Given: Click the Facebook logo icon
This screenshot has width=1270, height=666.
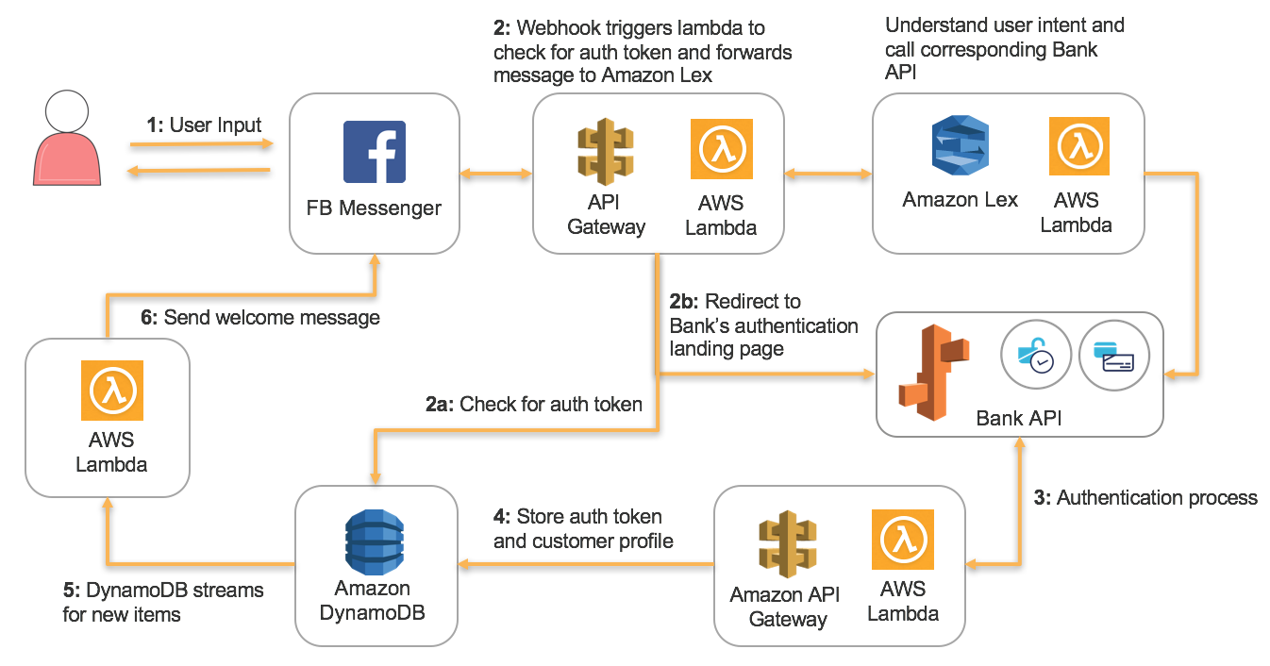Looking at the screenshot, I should pos(374,152).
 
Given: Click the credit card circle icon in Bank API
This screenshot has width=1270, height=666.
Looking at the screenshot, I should pos(1114,357).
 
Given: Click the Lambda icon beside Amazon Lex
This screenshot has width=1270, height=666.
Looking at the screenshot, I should pos(1079,146).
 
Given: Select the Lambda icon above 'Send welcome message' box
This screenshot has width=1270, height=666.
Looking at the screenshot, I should pos(111,391).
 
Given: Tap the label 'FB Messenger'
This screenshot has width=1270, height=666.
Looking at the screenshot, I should pos(374,208).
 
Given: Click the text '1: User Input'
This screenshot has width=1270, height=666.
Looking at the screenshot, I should pos(204,125).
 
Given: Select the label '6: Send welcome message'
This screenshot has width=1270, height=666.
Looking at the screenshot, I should pos(259,318).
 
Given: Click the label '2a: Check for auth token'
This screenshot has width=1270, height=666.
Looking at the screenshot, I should pos(534,405).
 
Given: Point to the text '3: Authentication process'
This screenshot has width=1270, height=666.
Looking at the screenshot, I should pos(1145,498).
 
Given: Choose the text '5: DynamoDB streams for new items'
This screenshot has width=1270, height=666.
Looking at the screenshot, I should pos(162,602).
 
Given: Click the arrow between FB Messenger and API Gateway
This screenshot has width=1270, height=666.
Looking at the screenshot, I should pos(495,175).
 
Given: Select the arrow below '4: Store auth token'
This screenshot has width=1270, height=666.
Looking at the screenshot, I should pos(585,564).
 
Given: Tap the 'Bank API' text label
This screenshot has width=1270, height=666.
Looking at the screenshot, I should pos(1019,417).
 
